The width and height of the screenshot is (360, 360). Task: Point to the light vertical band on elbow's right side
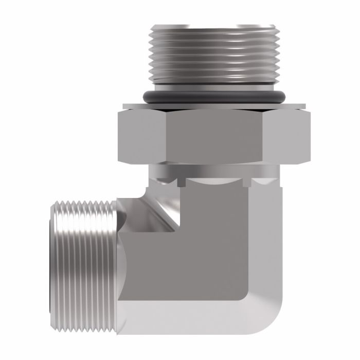265,242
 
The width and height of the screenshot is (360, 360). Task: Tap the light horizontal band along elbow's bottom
195,319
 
